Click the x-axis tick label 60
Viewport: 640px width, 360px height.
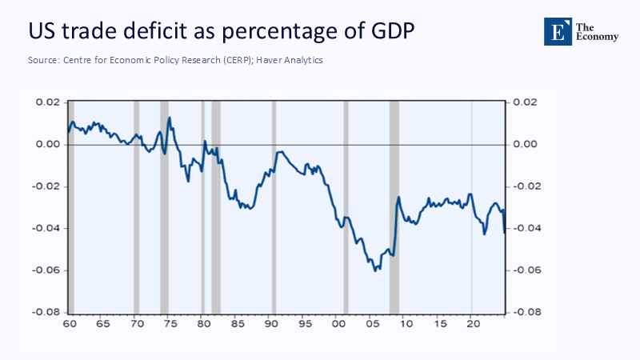(x=69, y=325)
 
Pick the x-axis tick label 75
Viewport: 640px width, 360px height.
(x=170, y=325)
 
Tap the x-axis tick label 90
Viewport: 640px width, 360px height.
(x=270, y=325)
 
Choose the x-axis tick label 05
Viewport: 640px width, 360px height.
(x=371, y=325)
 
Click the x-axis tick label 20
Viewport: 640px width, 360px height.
(x=472, y=325)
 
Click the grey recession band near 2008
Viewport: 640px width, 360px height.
(x=394, y=206)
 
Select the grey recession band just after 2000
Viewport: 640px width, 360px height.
(x=346, y=206)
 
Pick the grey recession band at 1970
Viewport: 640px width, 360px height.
(x=136, y=206)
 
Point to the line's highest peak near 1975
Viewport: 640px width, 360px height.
(x=170, y=118)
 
